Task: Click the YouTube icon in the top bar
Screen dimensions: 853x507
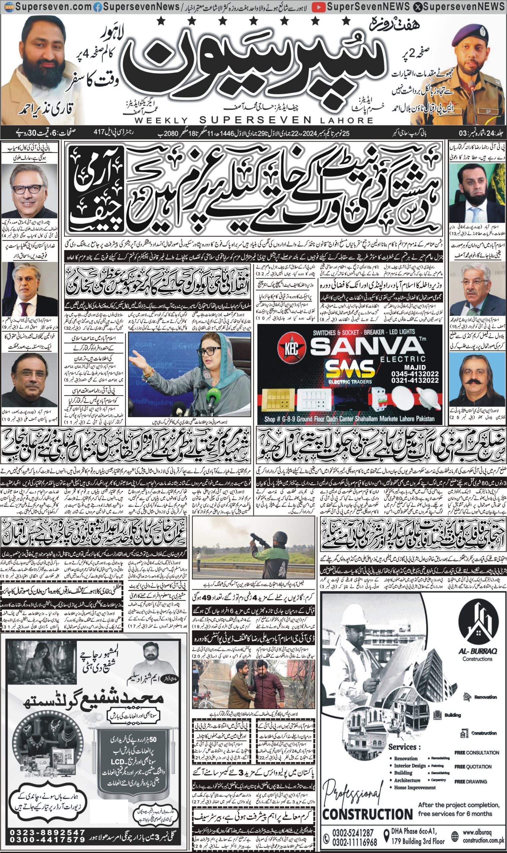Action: pyautogui.click(x=318, y=6)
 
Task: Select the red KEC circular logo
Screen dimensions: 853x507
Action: pyautogui.click(x=291, y=349)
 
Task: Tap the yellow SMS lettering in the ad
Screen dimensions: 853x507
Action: pyautogui.click(x=350, y=370)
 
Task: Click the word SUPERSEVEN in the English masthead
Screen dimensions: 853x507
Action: pyautogui.click(x=255, y=120)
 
